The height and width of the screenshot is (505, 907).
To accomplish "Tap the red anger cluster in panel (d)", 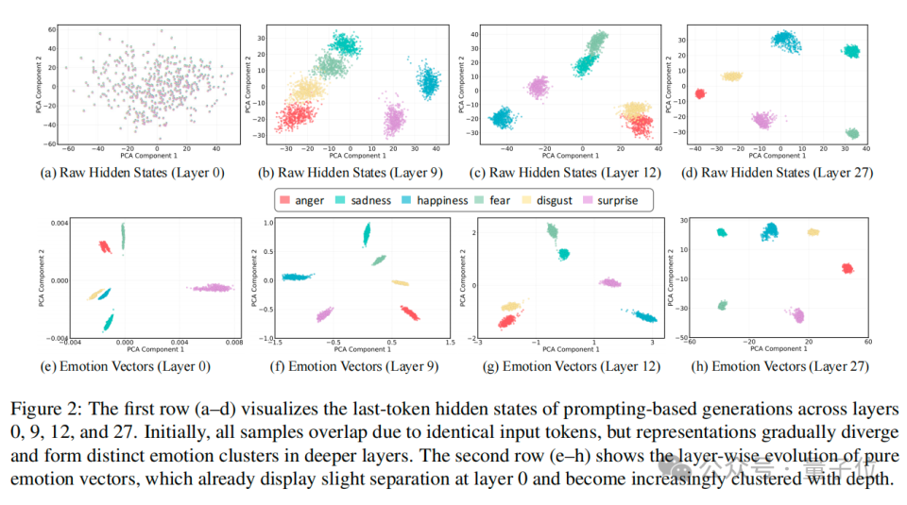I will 700,93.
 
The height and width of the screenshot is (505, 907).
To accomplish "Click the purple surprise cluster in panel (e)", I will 211,287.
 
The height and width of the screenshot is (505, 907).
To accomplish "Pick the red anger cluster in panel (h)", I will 847,268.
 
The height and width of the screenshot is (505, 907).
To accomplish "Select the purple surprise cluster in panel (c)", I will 538,89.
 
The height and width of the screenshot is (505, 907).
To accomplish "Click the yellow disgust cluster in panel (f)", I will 401,282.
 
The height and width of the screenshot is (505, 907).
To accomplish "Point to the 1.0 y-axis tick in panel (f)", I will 265,223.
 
